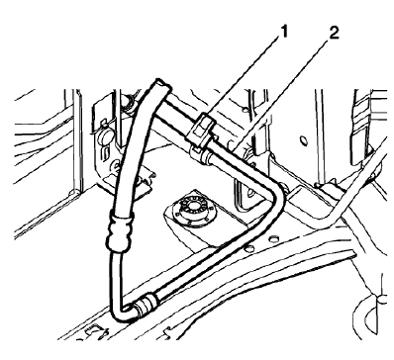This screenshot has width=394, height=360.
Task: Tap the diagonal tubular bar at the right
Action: coord(351,193)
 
